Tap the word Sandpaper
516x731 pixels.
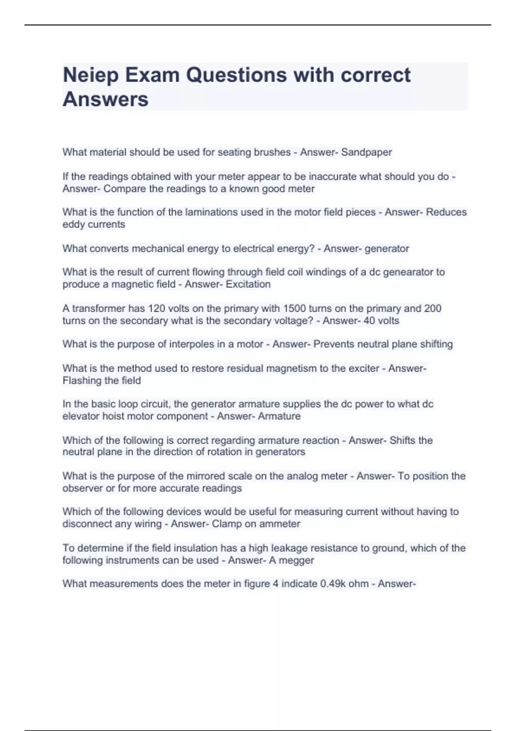pyautogui.click(x=366, y=152)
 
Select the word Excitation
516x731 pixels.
pyautogui.click(x=248, y=284)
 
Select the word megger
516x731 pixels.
pyautogui.click(x=298, y=560)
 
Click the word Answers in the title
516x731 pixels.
pyautogui.click(x=106, y=100)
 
